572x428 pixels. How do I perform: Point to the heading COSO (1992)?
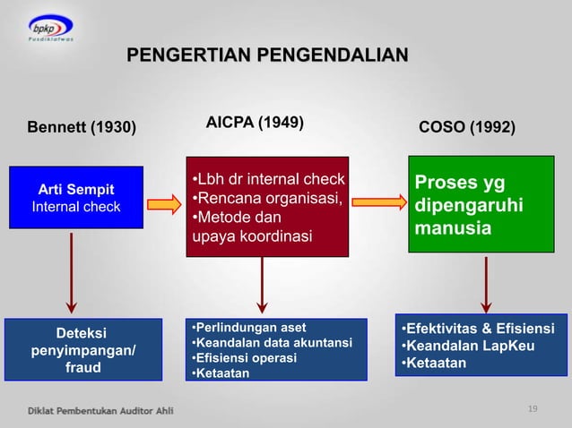[x=467, y=128]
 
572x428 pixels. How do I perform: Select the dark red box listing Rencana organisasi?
[x=267, y=205]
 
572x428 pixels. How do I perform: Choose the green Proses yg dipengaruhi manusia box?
[x=481, y=205]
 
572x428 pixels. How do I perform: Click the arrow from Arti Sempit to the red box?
[x=164, y=204]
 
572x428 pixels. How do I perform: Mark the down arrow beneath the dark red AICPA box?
[x=262, y=286]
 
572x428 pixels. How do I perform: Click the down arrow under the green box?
[x=486, y=284]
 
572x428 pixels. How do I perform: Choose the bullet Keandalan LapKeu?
[x=458, y=346]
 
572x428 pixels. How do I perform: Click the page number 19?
[x=533, y=409]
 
